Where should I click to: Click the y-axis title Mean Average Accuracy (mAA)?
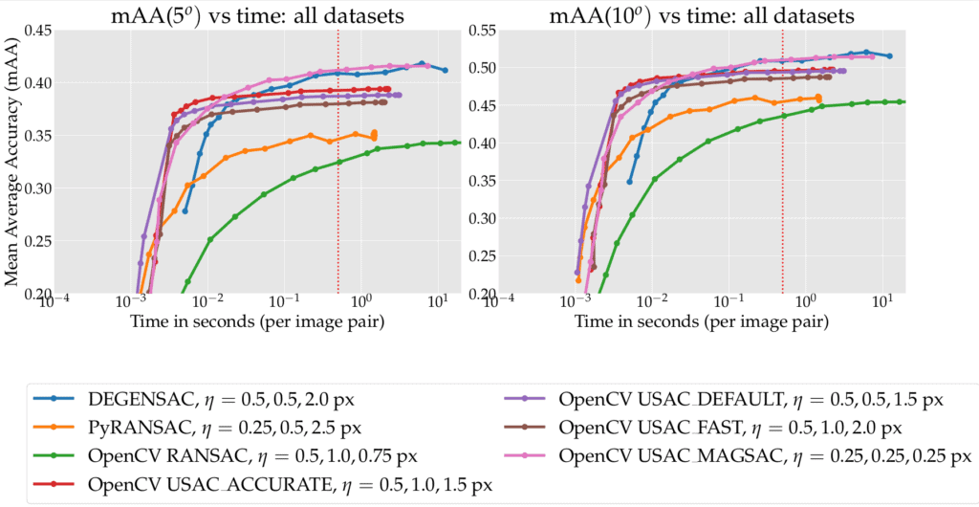[13, 163]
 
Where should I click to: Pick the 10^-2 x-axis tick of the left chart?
[209, 303]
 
